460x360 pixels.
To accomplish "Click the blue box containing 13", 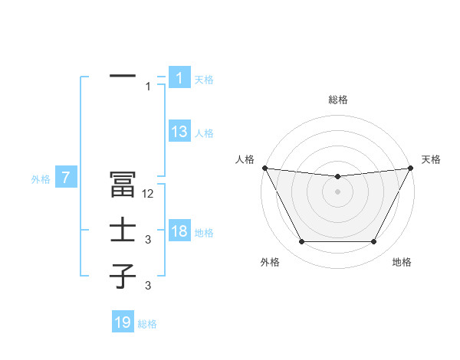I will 179,132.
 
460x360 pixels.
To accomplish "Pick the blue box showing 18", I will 179,231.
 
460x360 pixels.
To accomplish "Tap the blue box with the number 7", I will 67,178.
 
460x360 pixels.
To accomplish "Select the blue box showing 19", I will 123,322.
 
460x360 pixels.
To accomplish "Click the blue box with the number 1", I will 179,77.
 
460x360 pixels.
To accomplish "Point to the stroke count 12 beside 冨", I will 149,195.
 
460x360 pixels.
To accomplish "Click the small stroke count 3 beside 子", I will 148,286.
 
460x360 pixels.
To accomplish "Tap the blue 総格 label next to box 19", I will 147,324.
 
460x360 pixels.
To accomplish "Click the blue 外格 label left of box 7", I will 41,179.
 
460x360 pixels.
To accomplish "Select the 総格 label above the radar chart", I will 337,100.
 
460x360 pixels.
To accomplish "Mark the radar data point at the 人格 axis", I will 264,168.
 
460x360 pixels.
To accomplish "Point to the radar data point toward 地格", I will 374,242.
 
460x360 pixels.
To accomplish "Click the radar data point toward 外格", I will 301,242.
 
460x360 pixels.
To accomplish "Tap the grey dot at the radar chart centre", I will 337,191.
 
